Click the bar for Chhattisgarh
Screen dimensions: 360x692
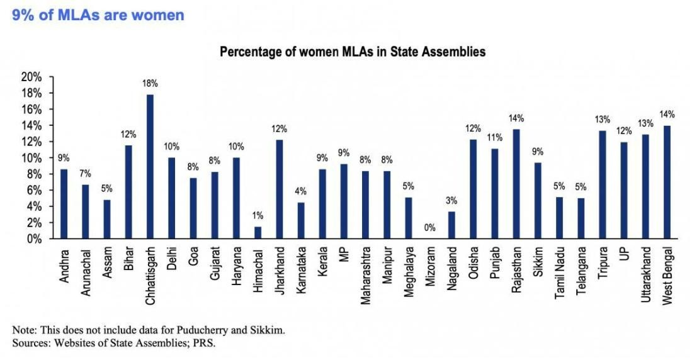point(150,167)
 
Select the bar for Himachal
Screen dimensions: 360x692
point(257,233)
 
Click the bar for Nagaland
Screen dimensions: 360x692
point(451,225)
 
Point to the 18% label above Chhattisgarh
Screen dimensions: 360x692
point(150,83)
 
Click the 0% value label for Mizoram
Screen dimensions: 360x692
point(429,228)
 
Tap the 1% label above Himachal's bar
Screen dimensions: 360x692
point(257,216)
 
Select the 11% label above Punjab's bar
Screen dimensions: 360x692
point(494,138)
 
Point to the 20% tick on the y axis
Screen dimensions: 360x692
point(31,77)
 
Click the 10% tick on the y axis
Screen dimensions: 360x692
point(31,158)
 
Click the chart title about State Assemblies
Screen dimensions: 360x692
point(352,52)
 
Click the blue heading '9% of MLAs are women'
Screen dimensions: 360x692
point(98,14)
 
